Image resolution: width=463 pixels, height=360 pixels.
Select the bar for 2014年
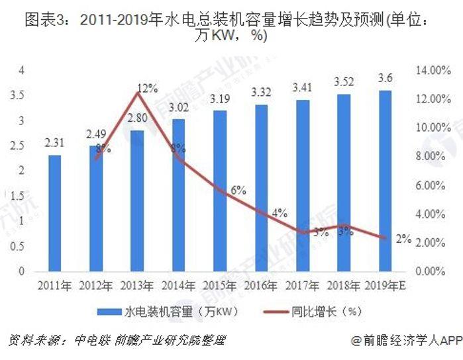(x=178, y=195)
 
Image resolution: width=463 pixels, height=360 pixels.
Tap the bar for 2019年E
(x=386, y=181)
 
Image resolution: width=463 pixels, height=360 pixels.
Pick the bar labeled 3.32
(x=261, y=188)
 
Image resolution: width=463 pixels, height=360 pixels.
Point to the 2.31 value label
(x=55, y=142)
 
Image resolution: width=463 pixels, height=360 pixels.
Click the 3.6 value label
(x=386, y=79)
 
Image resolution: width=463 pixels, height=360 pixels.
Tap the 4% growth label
(x=279, y=213)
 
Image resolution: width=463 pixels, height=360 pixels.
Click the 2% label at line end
(x=403, y=239)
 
